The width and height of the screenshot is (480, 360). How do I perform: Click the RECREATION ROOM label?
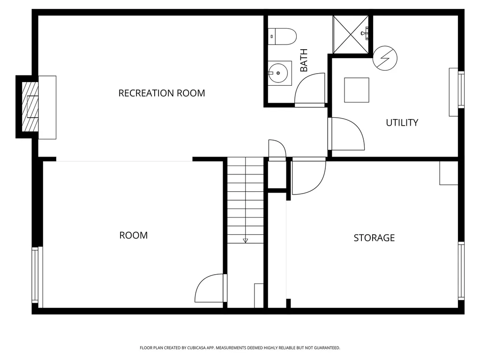click(x=162, y=93)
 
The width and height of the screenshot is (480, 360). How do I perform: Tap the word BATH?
click(x=304, y=60)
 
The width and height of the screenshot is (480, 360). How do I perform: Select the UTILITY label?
click(x=402, y=123)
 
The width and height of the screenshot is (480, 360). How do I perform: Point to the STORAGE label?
click(x=374, y=238)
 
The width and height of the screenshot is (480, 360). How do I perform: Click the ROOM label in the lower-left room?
click(x=134, y=235)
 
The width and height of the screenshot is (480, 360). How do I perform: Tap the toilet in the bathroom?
click(x=282, y=37)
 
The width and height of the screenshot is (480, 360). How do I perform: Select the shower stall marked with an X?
click(x=351, y=35)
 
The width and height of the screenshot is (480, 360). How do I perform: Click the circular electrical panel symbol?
click(x=385, y=58)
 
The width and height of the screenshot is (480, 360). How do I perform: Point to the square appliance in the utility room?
click(x=357, y=90)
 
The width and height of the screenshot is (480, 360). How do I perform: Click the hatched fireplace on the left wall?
click(x=30, y=107)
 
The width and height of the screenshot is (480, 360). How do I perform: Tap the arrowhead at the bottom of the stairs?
click(x=245, y=240)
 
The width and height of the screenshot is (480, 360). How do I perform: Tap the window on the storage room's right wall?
click(x=461, y=271)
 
